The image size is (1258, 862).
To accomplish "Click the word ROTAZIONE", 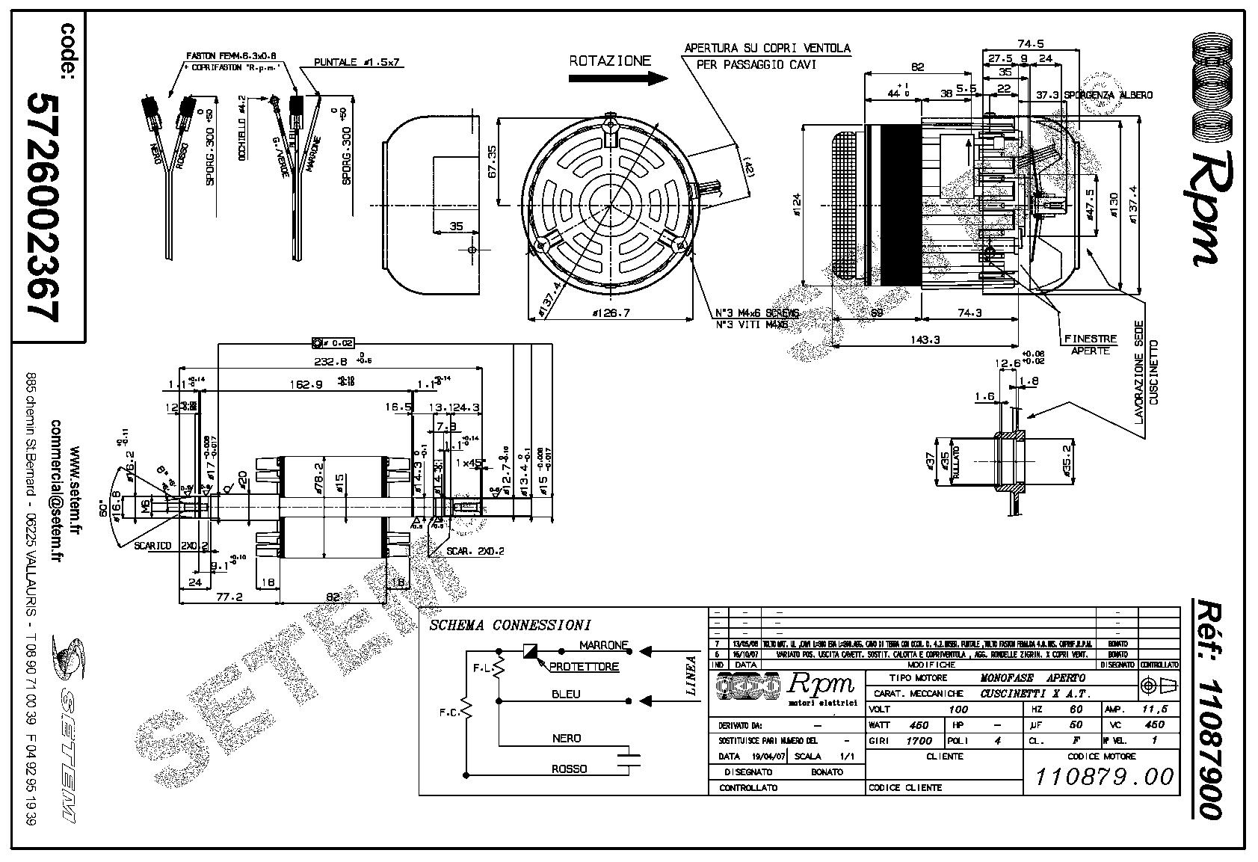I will pyautogui.click(x=610, y=61).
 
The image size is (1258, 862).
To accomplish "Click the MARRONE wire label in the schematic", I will pyautogui.click(x=604, y=645).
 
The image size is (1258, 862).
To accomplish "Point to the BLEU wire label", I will pyautogui.click(x=565, y=694).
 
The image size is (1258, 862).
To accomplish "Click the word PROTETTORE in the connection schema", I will pyautogui.click(x=584, y=667).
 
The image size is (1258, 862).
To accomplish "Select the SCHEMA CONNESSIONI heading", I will pyautogui.click(x=510, y=625).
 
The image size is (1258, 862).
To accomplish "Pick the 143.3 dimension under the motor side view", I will pyautogui.click(x=925, y=339).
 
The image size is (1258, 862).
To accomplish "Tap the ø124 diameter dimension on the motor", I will pyautogui.click(x=796, y=205).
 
